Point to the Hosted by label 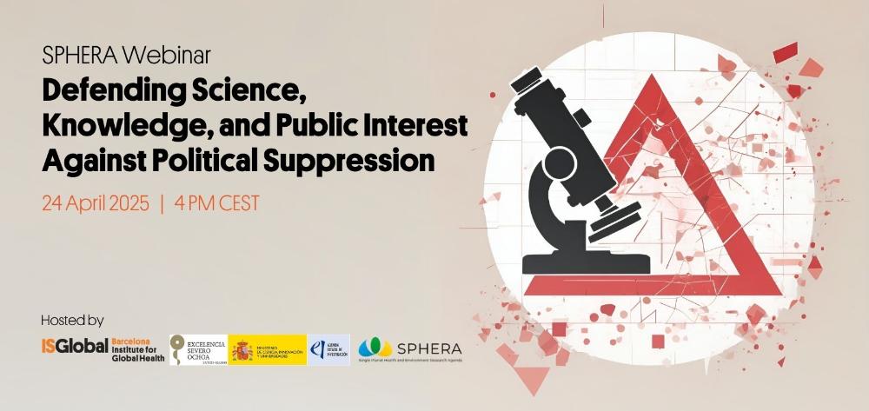click(x=72, y=320)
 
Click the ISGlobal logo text click(x=75, y=346)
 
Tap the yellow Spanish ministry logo click(x=268, y=349)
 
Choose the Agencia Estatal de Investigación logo click(x=329, y=349)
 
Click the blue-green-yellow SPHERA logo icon click(x=375, y=348)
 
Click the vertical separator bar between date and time click(x=162, y=204)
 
